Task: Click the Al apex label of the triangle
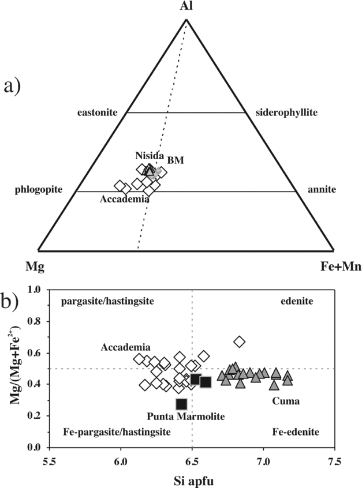pyautogui.click(x=186, y=7)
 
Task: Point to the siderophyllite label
pyautogui.click(x=286, y=114)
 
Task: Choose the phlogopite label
pyautogui.click(x=39, y=189)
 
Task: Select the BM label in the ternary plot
pyautogui.click(x=176, y=160)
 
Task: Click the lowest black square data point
pyautogui.click(x=181, y=404)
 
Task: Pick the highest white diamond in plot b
pyautogui.click(x=240, y=342)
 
